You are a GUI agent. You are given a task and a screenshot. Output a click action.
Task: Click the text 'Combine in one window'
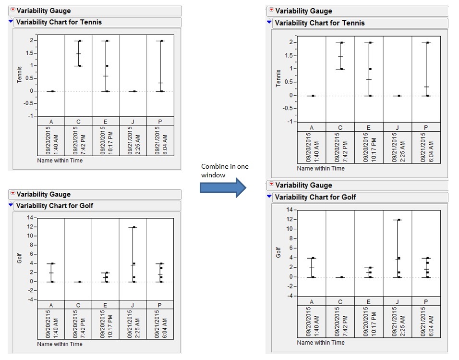(x=225, y=170)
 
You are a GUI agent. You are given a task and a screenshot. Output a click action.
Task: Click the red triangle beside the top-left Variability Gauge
(x=12, y=11)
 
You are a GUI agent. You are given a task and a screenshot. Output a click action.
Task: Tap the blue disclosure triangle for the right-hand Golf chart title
(x=270, y=197)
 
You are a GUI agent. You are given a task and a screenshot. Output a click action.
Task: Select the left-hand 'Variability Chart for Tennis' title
(x=59, y=22)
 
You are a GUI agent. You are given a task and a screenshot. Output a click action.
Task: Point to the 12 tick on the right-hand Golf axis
(x=289, y=219)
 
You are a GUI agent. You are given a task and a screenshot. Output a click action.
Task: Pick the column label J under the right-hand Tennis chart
(x=397, y=127)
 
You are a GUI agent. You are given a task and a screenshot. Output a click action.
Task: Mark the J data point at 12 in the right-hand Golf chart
(x=399, y=220)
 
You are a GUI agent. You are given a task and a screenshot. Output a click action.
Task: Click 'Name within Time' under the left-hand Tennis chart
(x=60, y=161)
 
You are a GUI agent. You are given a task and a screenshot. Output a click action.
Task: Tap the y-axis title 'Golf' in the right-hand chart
(x=278, y=252)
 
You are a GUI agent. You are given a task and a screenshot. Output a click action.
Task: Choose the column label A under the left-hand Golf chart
(x=51, y=305)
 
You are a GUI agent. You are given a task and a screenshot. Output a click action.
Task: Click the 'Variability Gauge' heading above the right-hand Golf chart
(x=303, y=185)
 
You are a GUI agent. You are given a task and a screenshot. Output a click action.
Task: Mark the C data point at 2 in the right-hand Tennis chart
(x=342, y=43)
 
